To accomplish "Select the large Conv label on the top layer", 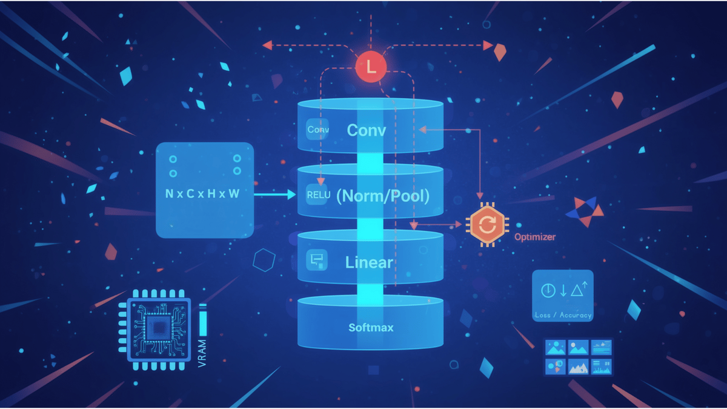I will click(x=366, y=130).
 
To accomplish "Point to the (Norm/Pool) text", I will click(x=382, y=196).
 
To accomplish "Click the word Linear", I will click(x=369, y=262).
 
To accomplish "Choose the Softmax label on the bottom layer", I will click(x=371, y=328).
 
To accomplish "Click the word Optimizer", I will click(x=534, y=237).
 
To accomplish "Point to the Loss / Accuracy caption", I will click(x=563, y=316).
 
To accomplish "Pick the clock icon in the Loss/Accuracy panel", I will click(x=547, y=290).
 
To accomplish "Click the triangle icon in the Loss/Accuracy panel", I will click(x=576, y=291).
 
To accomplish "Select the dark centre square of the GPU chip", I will click(x=159, y=329).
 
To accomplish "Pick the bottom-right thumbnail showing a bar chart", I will click(x=602, y=367).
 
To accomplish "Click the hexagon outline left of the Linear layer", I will click(x=264, y=261).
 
